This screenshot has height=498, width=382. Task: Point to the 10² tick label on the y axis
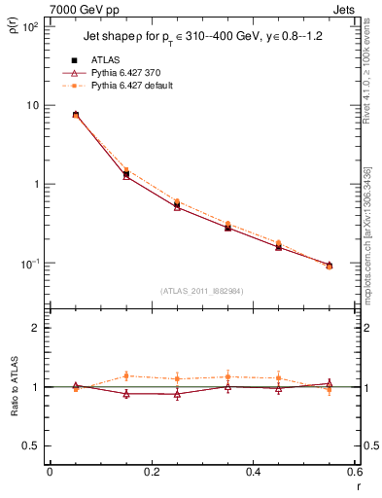[x=29, y=27]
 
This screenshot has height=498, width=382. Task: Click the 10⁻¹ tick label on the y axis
[x=29, y=264]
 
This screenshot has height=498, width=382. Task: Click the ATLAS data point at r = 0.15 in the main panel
[x=126, y=174]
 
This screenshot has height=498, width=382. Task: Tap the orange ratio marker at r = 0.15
[x=126, y=375]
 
